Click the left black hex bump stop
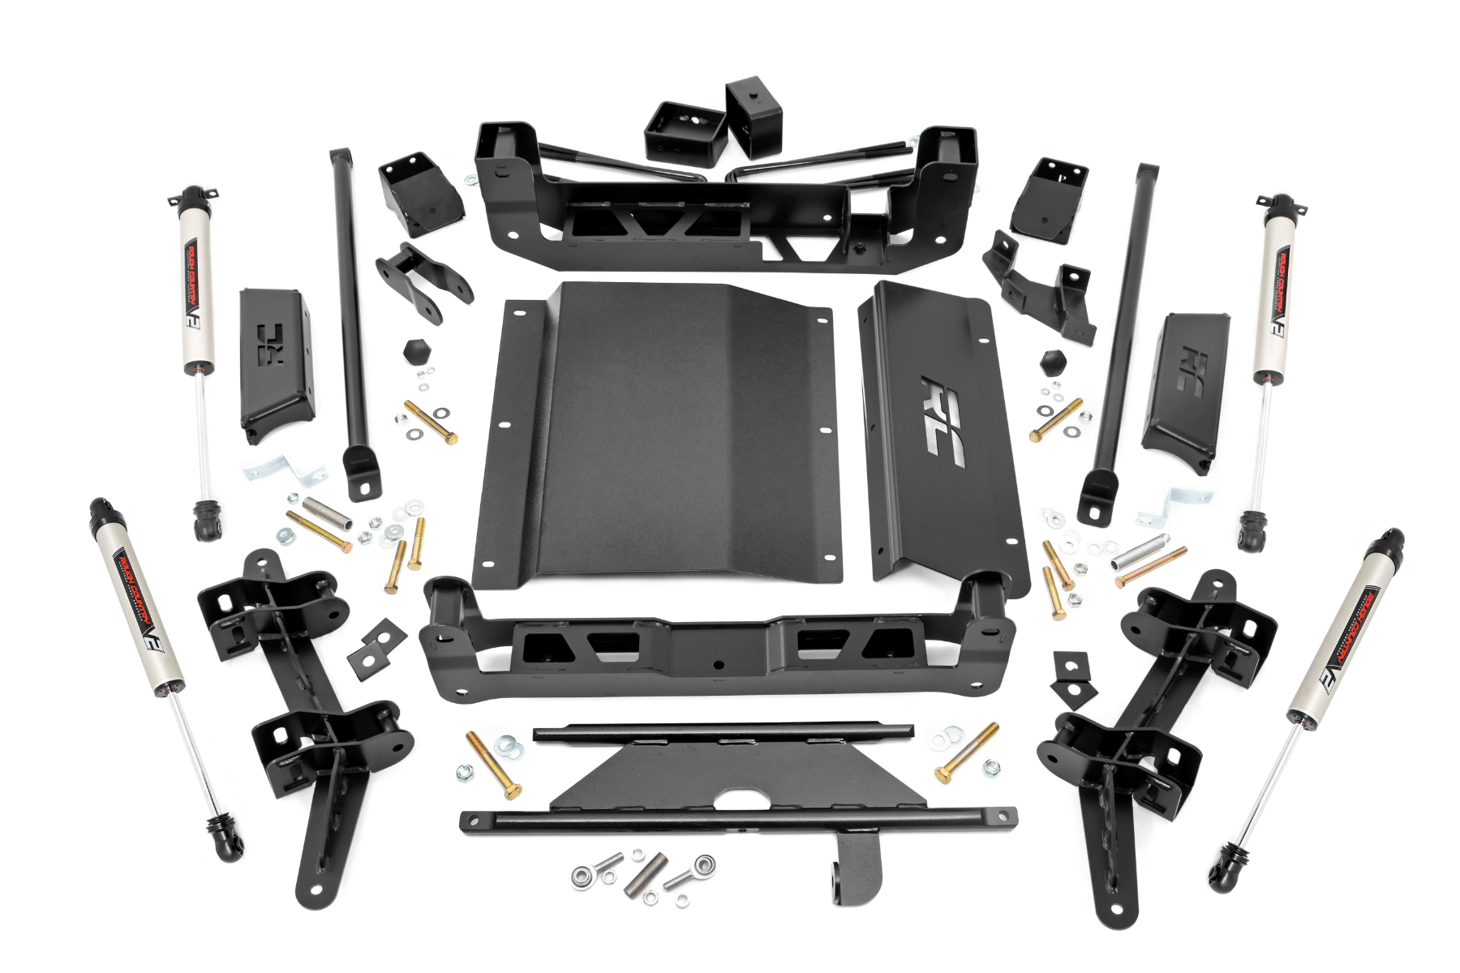point(415,352)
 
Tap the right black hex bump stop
point(1053,360)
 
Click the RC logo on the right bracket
point(1192,372)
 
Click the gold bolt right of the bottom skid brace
point(966,752)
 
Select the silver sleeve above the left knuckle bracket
point(326,512)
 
